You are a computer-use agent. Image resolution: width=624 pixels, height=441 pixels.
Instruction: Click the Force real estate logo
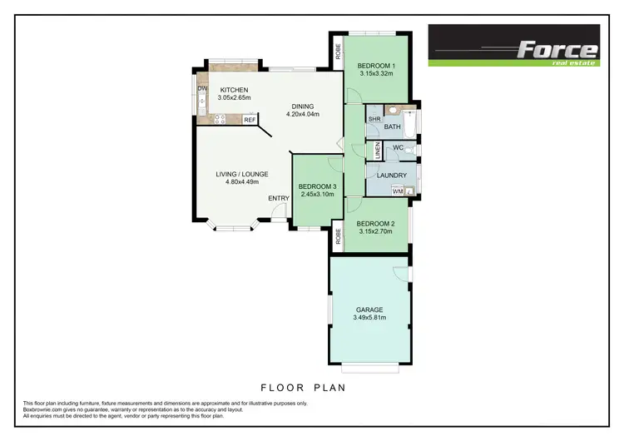tap(513, 45)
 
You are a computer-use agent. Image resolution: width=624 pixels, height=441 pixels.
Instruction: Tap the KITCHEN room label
tap(234, 90)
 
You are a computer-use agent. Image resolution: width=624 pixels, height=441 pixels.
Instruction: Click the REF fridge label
tap(250, 120)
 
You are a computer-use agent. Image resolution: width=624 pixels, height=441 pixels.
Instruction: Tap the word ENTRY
tap(279, 198)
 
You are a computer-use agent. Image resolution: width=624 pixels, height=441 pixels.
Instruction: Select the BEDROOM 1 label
tap(376, 66)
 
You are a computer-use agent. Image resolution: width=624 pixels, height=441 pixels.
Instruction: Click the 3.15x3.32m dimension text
tap(376, 74)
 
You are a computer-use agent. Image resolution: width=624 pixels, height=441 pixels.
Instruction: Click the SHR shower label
tap(374, 119)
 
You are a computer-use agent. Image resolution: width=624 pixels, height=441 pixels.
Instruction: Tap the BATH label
tap(394, 127)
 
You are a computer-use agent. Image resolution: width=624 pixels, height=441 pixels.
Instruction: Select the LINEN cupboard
tap(377, 151)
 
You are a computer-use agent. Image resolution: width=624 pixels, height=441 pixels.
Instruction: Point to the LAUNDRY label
tap(391, 175)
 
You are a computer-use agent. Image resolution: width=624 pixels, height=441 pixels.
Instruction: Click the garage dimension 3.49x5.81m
tap(371, 317)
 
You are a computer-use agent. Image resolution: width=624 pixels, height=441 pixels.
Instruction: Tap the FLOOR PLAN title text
tap(303, 388)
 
